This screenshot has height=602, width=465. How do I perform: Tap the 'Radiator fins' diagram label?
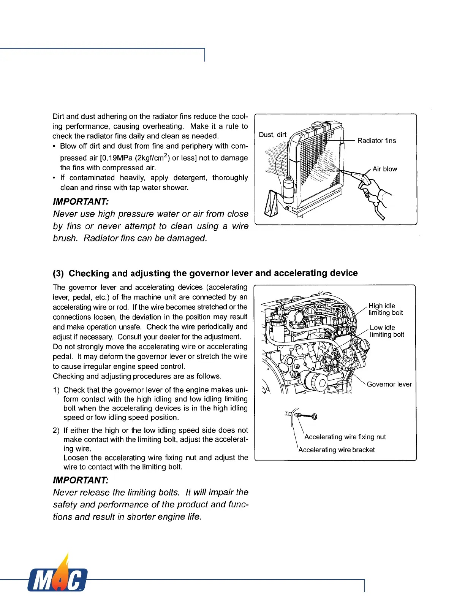pos(376,141)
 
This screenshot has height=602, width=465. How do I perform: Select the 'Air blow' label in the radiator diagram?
pos(384,169)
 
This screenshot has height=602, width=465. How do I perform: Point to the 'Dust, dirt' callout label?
pos(272,135)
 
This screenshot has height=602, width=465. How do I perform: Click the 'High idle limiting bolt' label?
pos(385,309)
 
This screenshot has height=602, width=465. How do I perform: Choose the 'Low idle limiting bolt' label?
pos(387,331)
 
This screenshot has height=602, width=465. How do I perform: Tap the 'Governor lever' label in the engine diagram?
pos(389,384)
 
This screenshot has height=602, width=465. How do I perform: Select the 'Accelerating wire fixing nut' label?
pos(345,437)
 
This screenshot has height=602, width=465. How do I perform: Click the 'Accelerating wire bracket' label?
pos(337,450)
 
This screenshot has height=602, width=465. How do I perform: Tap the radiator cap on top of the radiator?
pos(316,125)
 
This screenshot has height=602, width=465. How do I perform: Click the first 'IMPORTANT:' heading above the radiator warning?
pos(81,201)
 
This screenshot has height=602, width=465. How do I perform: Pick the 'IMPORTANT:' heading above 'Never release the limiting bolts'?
pos(81,480)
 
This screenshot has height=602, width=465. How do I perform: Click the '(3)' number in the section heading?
pos(59,274)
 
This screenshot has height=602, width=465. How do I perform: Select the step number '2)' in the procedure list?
pos(56,431)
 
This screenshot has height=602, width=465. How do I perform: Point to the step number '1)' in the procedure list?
pos(56,390)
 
